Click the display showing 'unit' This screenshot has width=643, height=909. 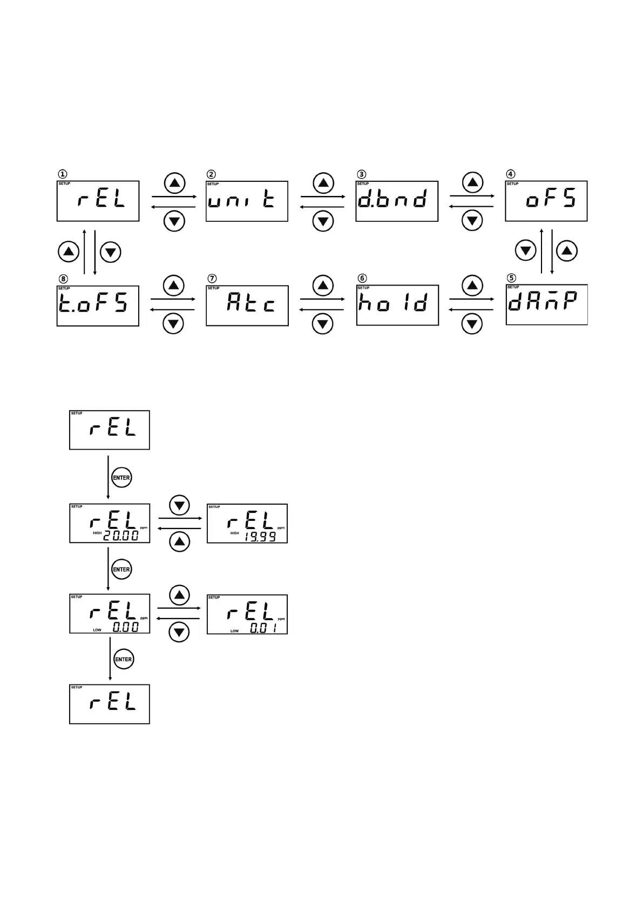(x=247, y=201)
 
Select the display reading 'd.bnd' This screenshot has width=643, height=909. (x=396, y=201)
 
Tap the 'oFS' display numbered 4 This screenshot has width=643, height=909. (x=546, y=201)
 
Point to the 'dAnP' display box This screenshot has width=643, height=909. (x=546, y=304)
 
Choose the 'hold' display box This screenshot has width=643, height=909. (x=397, y=305)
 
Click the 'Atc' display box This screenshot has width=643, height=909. (x=247, y=306)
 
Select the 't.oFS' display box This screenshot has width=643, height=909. (x=98, y=306)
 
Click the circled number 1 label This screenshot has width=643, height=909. (x=63, y=174)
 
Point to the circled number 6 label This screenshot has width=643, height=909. (x=362, y=278)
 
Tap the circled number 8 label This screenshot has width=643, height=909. (x=64, y=279)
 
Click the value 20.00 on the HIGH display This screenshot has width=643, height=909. (x=121, y=535)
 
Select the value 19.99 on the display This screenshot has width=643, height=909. (x=260, y=537)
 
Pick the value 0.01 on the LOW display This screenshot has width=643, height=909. (x=263, y=628)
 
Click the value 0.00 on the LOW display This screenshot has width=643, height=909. (x=125, y=627)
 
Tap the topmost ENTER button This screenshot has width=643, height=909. (x=121, y=477)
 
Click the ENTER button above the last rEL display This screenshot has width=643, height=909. (x=124, y=659)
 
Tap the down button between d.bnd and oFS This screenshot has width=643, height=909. (x=472, y=221)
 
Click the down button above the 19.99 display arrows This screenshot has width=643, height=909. (x=180, y=505)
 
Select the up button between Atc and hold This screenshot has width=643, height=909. (x=323, y=286)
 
